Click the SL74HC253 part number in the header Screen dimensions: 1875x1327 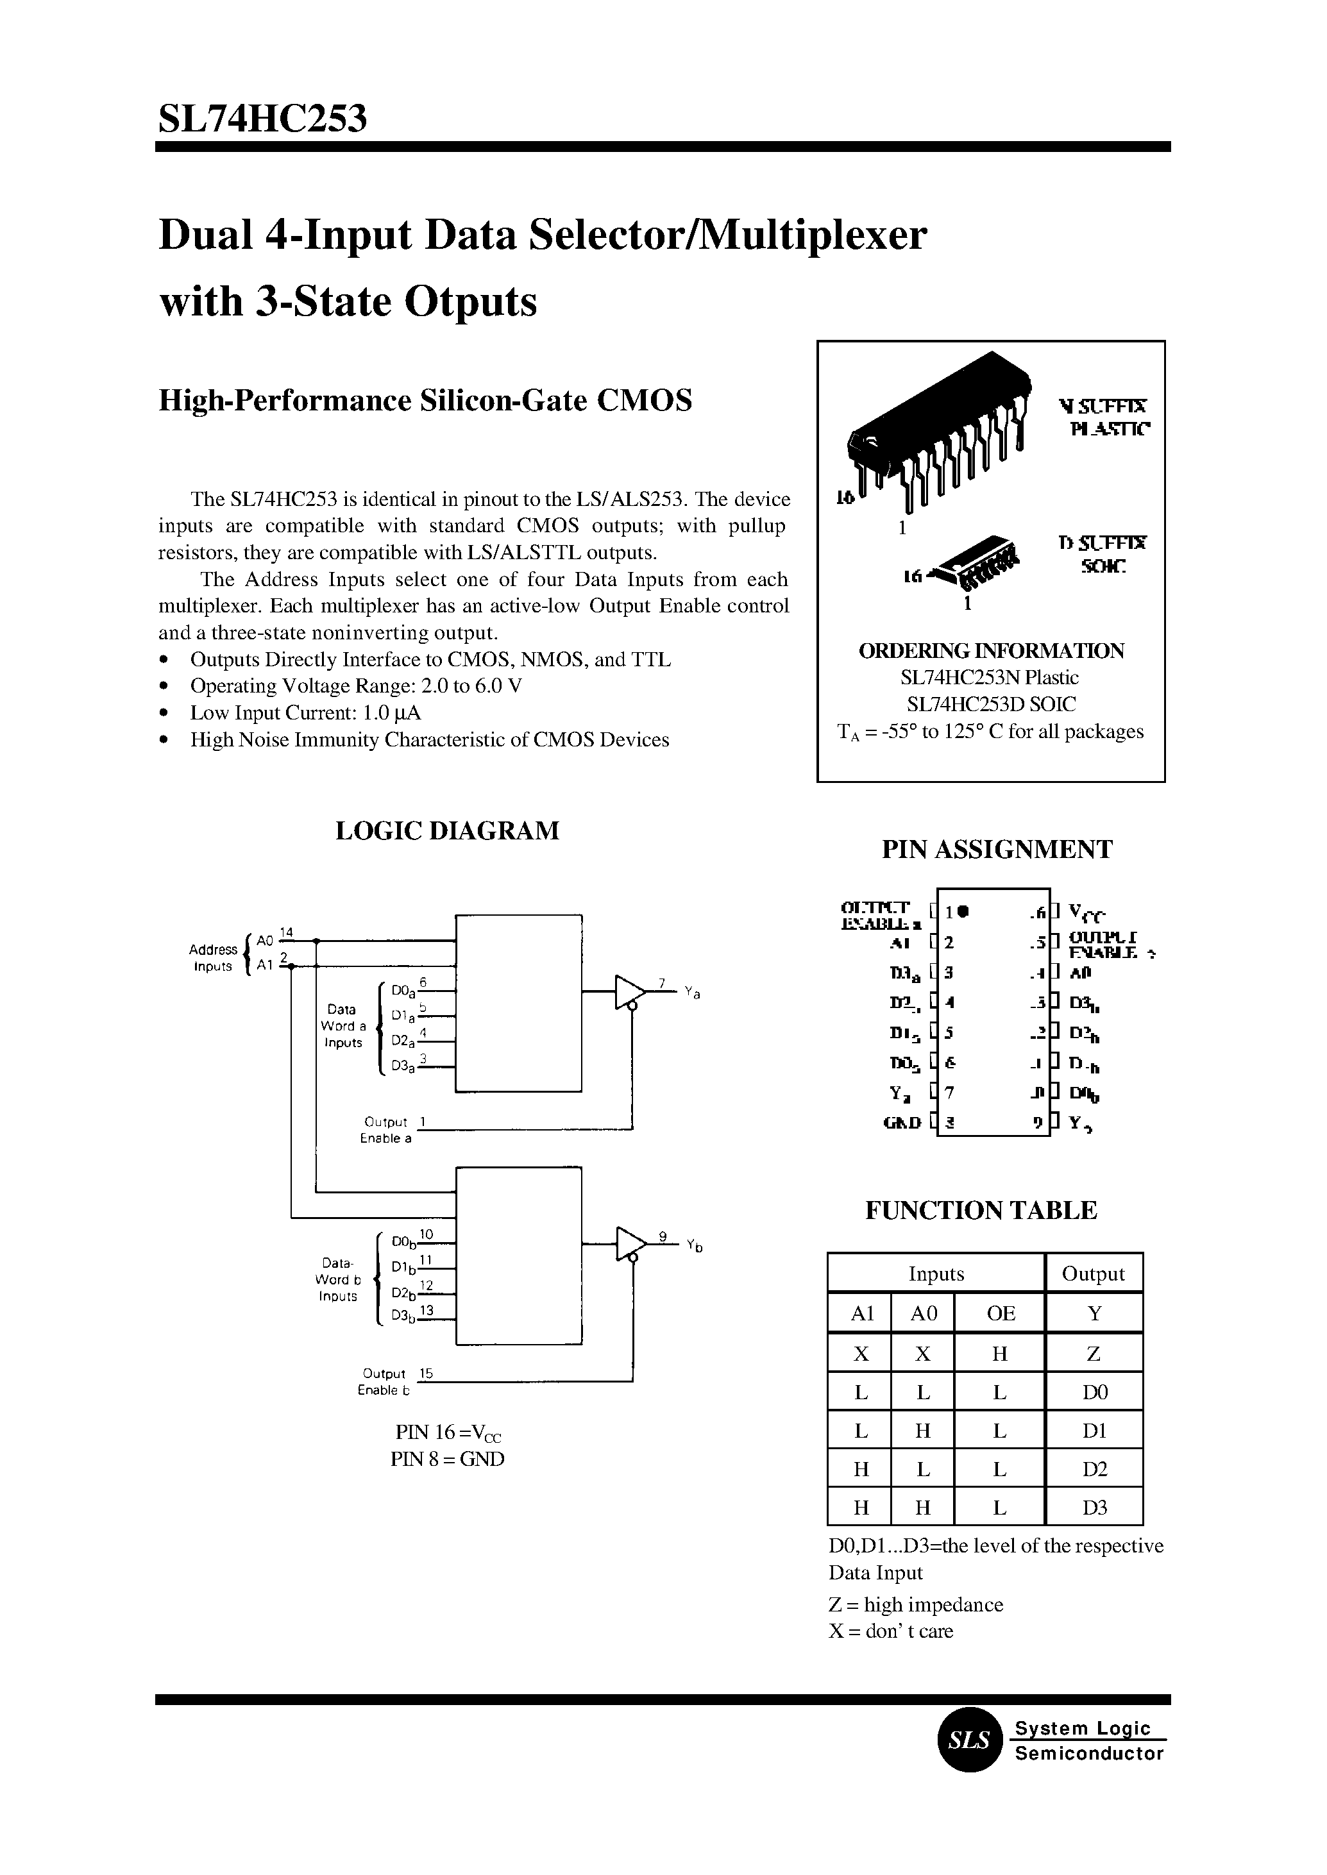262,119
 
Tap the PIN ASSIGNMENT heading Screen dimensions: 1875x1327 996,849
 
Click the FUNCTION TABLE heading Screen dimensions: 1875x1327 981,1210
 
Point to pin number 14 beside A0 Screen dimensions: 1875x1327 286,932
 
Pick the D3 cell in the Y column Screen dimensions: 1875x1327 1094,1508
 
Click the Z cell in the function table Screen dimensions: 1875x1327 1094,1354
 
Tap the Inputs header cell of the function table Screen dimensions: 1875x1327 936,1274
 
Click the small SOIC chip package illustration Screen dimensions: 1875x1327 976,564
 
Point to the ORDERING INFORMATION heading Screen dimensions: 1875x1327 990,651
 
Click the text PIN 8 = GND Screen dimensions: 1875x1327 447,1458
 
